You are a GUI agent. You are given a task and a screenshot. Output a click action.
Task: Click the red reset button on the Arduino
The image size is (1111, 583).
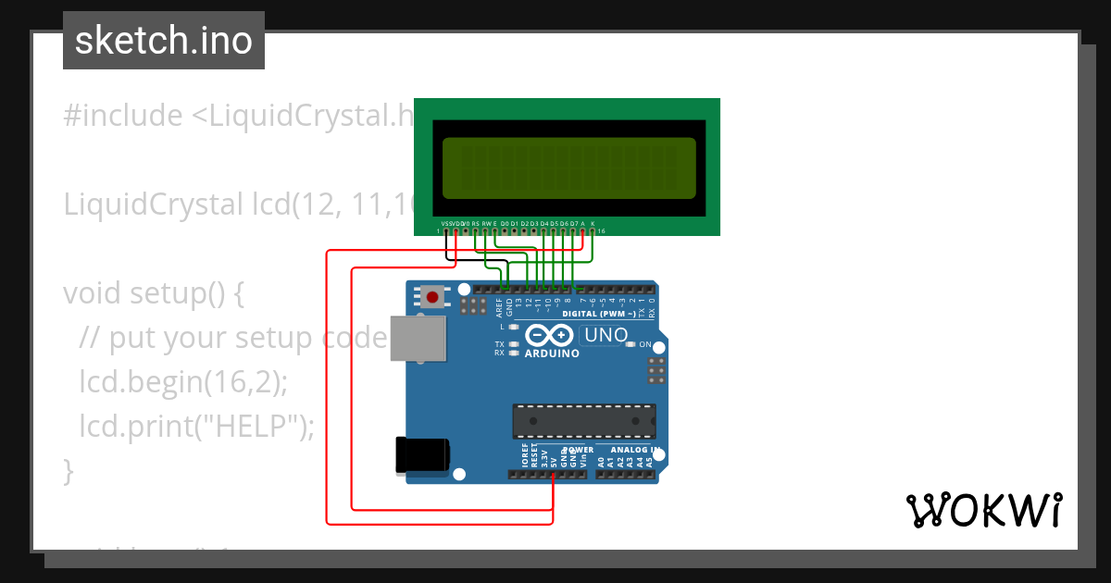point(431,297)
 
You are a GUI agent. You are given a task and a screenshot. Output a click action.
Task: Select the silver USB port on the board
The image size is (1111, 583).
point(416,339)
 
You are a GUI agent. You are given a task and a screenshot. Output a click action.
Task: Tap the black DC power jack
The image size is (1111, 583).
point(421,454)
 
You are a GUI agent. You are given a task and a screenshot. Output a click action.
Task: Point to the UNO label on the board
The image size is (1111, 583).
point(606,335)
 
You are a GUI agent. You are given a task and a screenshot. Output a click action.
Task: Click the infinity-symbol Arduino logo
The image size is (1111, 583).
point(551,336)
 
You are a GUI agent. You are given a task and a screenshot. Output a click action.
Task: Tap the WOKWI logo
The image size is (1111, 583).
point(983,510)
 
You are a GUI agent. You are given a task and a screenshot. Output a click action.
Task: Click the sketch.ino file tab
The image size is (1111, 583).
point(164,41)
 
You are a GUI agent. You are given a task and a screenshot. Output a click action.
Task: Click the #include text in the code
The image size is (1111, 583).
point(123,116)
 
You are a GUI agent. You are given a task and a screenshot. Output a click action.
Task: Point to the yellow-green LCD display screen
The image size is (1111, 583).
point(568,168)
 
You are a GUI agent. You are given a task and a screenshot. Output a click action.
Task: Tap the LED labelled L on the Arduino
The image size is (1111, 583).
point(513,327)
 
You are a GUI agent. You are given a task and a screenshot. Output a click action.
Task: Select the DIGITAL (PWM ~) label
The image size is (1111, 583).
point(598,314)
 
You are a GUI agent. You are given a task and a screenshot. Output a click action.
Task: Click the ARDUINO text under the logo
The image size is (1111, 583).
point(552,354)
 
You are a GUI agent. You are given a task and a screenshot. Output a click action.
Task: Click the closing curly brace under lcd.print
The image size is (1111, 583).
point(68,470)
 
